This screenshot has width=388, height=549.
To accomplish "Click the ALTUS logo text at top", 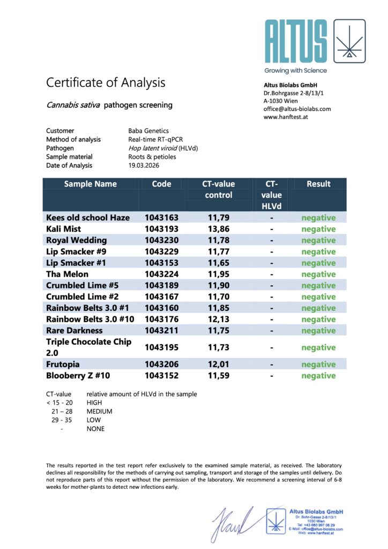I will click(295, 41).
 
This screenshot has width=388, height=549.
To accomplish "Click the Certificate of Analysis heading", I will click(106, 83).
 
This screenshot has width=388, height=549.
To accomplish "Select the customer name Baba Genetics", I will click(148, 131).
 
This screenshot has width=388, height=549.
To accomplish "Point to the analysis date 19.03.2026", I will click(144, 166).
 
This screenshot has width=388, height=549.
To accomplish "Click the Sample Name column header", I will click(90, 184).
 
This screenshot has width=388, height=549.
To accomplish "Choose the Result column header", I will click(318, 184).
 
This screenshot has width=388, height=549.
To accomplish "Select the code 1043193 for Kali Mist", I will click(161, 229).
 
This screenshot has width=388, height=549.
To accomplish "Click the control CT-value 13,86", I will click(218, 229).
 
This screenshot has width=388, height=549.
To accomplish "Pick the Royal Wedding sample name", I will click(76, 240).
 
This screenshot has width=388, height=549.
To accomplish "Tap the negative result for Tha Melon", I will click(318, 274).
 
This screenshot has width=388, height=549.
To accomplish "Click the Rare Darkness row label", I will click(74, 331).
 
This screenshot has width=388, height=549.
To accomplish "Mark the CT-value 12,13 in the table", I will click(218, 320).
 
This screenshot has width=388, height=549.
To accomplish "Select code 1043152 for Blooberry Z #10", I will click(161, 376).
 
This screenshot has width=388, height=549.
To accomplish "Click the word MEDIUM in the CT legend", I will click(100, 411).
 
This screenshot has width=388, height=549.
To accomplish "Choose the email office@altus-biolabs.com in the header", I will click(297, 109).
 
